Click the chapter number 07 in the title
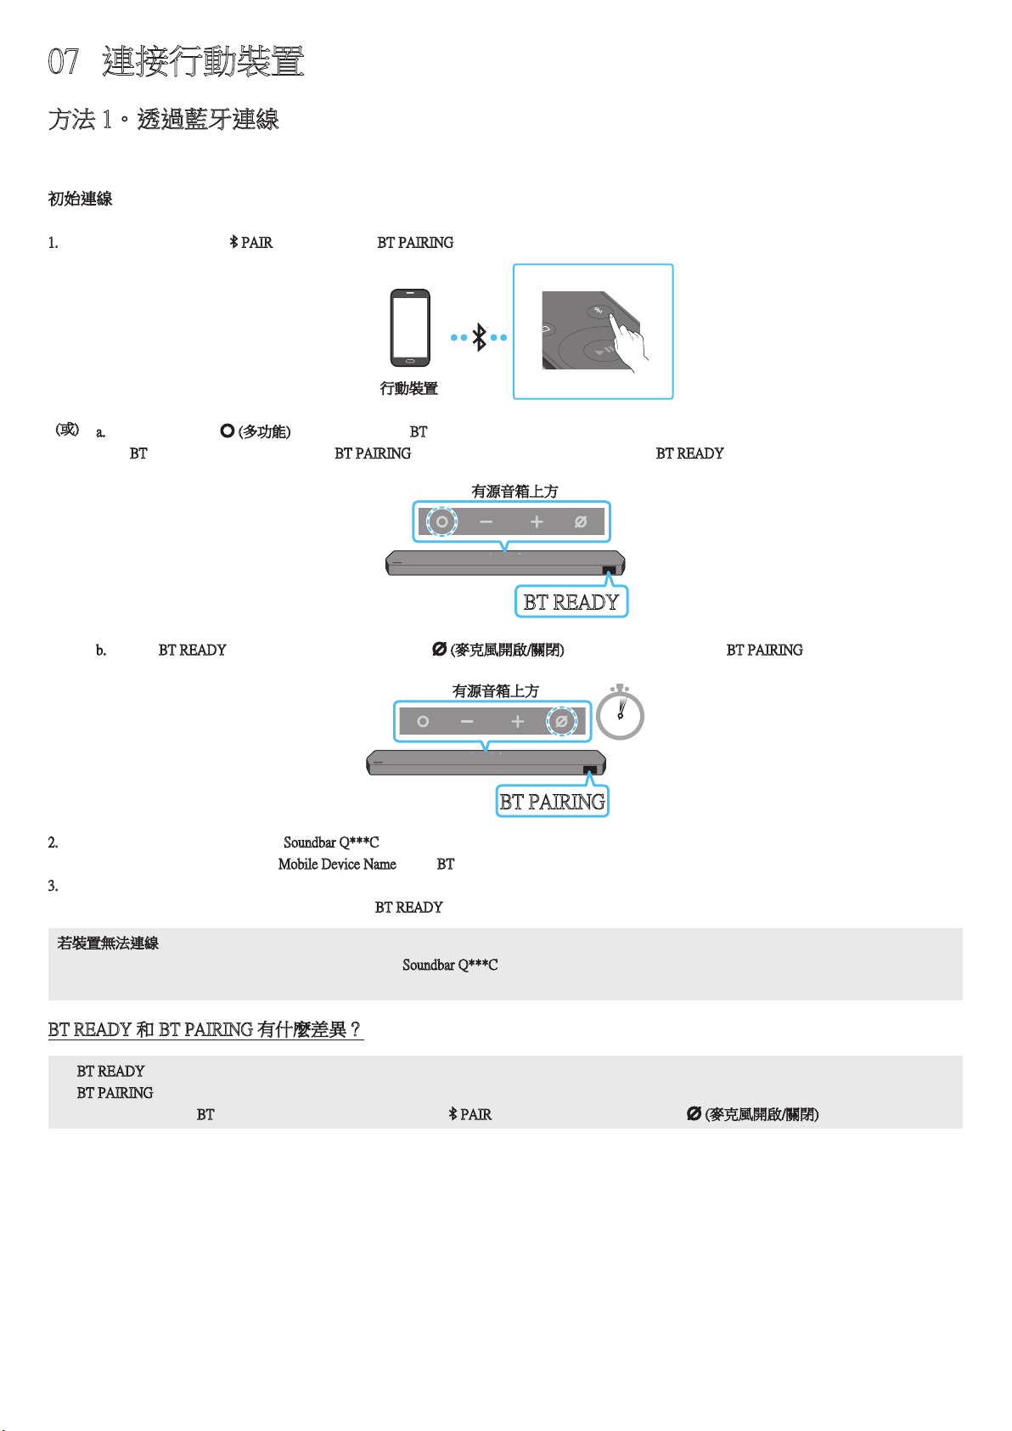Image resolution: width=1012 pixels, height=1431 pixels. [63, 61]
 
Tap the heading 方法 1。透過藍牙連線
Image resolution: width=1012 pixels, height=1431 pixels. [164, 119]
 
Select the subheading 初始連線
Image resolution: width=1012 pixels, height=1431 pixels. [80, 199]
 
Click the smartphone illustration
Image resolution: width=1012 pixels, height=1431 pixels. [410, 328]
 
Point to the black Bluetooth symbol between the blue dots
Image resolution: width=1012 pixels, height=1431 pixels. [479, 336]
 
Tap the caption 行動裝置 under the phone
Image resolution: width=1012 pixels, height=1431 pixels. [408, 388]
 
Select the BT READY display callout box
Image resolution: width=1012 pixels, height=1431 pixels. [571, 601]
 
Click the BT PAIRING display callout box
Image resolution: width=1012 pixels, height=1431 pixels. [553, 801]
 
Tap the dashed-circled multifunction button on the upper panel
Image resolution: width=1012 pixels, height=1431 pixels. [441, 522]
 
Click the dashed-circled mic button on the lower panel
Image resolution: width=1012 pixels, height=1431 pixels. [562, 721]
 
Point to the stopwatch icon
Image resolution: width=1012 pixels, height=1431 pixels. [620, 712]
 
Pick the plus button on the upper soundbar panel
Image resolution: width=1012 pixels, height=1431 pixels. [537, 522]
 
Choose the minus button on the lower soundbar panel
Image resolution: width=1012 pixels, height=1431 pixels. [467, 722]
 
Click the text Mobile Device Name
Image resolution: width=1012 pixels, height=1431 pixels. [337, 864]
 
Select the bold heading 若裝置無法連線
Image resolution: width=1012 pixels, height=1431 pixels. [108, 943]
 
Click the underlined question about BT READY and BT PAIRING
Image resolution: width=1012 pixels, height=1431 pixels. [205, 1029]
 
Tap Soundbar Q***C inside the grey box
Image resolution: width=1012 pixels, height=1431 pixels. [450, 965]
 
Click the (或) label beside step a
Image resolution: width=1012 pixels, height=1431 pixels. [67, 430]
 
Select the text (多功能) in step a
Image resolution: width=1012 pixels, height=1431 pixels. [264, 432]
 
